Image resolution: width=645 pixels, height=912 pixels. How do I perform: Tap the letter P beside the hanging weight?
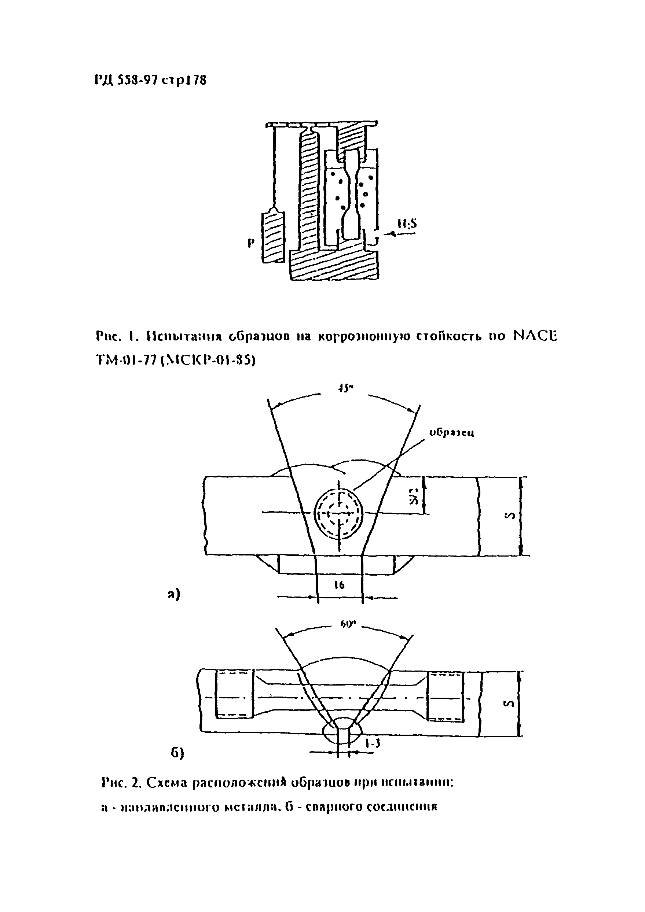coord(250,243)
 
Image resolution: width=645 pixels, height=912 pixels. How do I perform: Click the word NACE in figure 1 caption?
coord(535,336)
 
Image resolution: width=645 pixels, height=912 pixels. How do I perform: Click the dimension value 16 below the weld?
coord(339,585)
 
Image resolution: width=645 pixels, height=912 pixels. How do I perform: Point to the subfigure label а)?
coord(174,594)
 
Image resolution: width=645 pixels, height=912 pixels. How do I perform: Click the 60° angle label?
coord(347,625)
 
